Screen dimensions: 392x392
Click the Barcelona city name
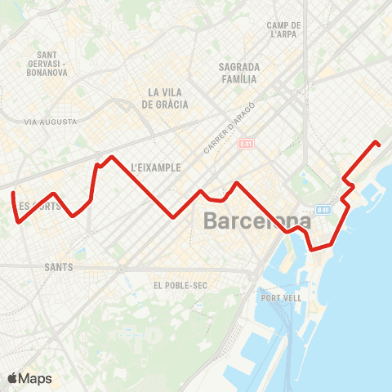[256, 221]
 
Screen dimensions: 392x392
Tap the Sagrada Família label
[238, 73]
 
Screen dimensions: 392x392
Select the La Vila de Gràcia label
[165, 98]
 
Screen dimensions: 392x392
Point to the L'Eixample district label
[154, 167]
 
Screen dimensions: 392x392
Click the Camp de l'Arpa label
[285, 30]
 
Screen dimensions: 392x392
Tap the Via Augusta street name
[51, 122]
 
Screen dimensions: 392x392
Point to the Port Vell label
[281, 298]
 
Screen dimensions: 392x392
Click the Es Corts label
[39, 206]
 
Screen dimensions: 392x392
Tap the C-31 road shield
[243, 144]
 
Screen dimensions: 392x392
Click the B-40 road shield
[323, 209]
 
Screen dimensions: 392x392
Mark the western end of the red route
[13, 194]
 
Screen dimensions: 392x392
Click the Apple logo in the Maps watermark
[13, 378]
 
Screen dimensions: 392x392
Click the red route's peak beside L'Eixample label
[111, 157]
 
